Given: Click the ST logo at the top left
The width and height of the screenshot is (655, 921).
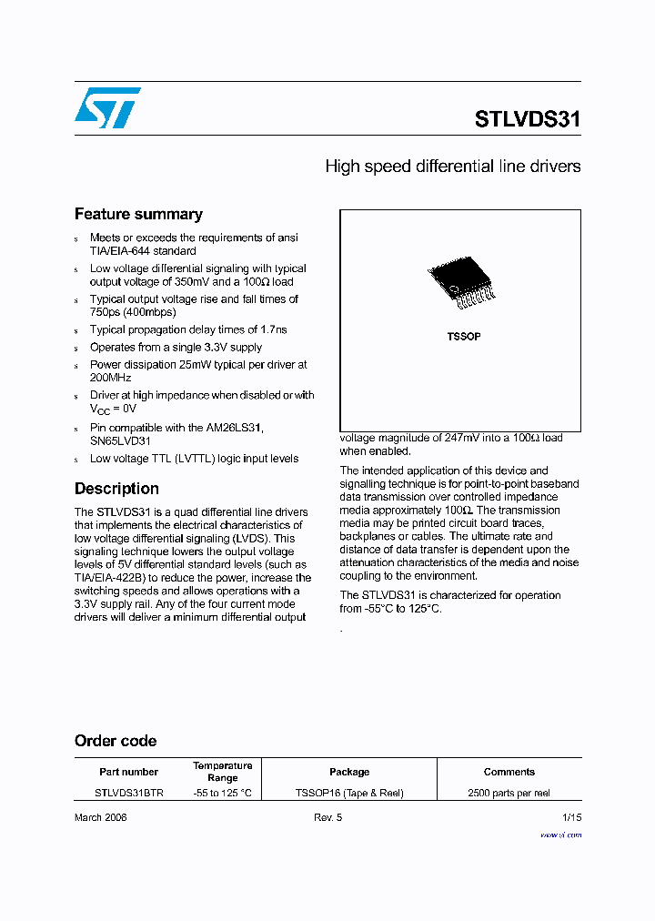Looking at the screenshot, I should pyautogui.click(x=107, y=108).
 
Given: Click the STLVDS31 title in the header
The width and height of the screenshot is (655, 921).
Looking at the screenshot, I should pyautogui.click(x=527, y=119).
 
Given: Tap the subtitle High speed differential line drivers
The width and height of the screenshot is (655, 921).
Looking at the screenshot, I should pyautogui.click(x=452, y=167).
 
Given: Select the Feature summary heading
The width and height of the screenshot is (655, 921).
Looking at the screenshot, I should pyautogui.click(x=138, y=214).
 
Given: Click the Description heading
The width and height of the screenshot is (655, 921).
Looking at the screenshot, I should pyautogui.click(x=116, y=489).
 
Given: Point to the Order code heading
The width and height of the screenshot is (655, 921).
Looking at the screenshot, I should pyautogui.click(x=116, y=741).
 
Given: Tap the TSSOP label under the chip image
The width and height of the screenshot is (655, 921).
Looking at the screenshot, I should pyautogui.click(x=463, y=337).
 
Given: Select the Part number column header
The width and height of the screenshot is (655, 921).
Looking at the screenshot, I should pyautogui.click(x=128, y=772).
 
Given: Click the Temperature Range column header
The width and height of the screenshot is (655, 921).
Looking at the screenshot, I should pyautogui.click(x=222, y=772).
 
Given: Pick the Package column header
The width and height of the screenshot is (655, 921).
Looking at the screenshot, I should pyautogui.click(x=349, y=772).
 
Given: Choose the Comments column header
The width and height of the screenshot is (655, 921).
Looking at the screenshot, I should pyautogui.click(x=509, y=772).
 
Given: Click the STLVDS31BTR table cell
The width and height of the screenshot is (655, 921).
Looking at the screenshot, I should pyautogui.click(x=129, y=793).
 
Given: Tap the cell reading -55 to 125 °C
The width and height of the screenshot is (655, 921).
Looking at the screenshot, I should pyautogui.click(x=222, y=793).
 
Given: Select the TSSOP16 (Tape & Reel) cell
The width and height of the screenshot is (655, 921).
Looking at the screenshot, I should pyautogui.click(x=349, y=793).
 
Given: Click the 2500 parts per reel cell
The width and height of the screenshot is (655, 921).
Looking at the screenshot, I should pyautogui.click(x=509, y=793).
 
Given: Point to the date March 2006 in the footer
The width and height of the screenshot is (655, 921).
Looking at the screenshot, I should pyautogui.click(x=100, y=817).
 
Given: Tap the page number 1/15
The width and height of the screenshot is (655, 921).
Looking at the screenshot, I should pyautogui.click(x=570, y=817).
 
